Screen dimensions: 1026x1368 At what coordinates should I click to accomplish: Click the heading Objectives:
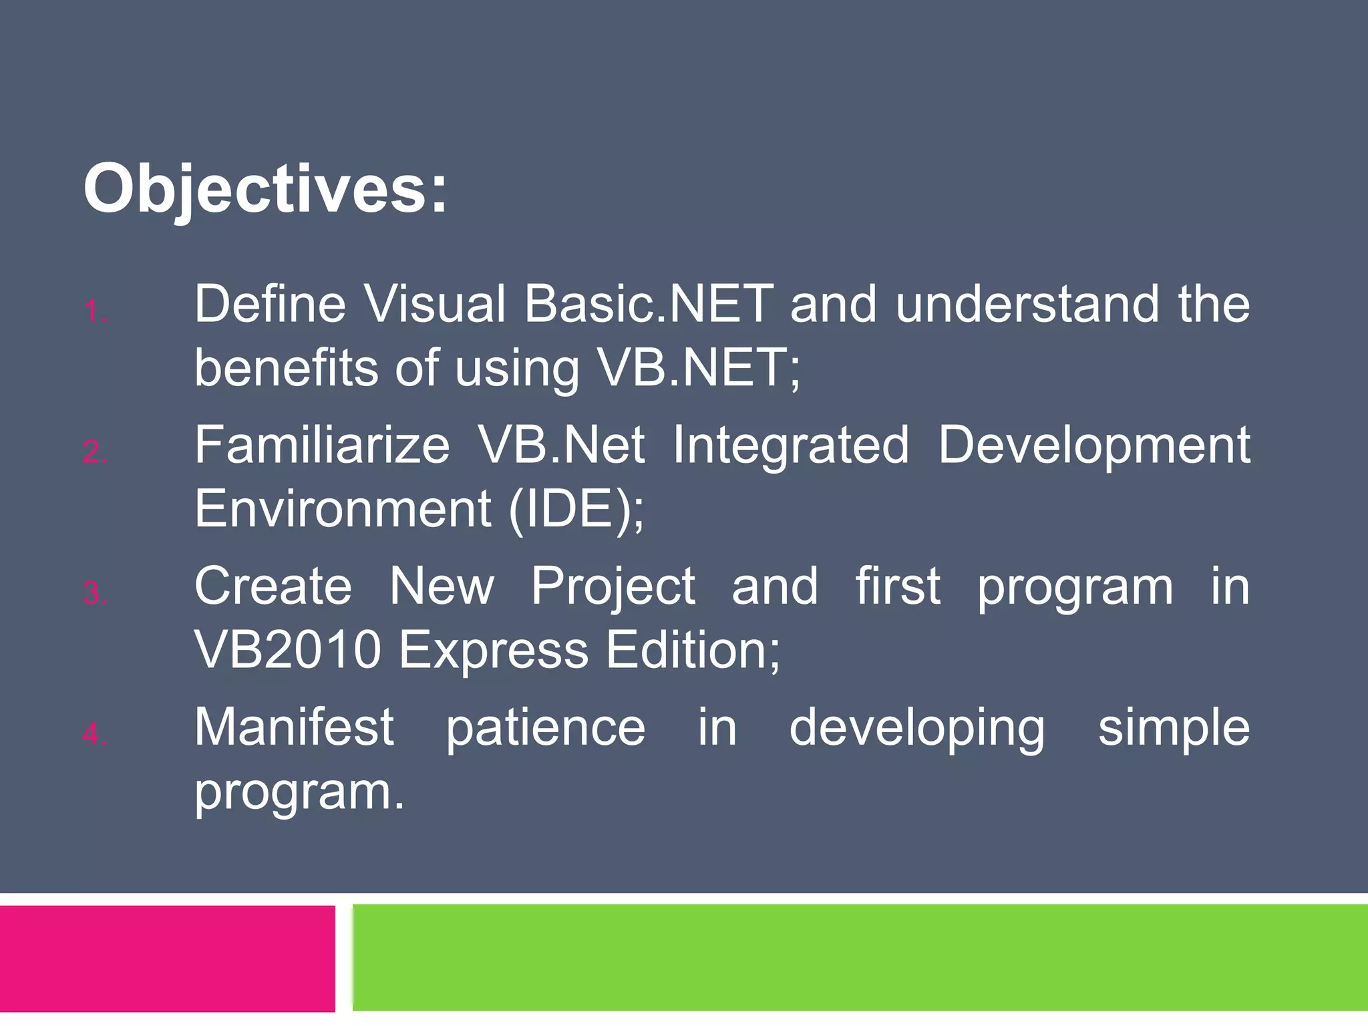click(265, 190)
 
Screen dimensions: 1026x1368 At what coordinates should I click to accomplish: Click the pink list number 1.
click(95, 312)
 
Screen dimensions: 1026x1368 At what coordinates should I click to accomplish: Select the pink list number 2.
click(95, 453)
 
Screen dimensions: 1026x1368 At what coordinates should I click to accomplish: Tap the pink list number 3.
click(95, 594)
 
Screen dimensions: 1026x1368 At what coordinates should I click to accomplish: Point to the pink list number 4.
click(95, 735)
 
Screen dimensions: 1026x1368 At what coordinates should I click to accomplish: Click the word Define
click(270, 304)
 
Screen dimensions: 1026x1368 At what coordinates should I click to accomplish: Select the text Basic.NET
click(648, 304)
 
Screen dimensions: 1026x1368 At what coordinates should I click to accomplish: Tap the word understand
click(1027, 304)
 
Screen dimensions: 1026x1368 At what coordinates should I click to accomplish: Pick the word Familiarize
click(322, 445)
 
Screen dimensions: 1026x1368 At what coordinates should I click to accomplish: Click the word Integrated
click(790, 445)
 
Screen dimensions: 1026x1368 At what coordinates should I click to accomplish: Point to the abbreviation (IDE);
click(576, 509)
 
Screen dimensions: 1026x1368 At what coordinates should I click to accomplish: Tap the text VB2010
click(287, 649)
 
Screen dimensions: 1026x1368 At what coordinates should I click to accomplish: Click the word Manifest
click(294, 727)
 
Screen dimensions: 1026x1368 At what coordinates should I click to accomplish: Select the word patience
click(545, 728)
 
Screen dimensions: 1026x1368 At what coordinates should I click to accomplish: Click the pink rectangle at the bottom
click(167, 958)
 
